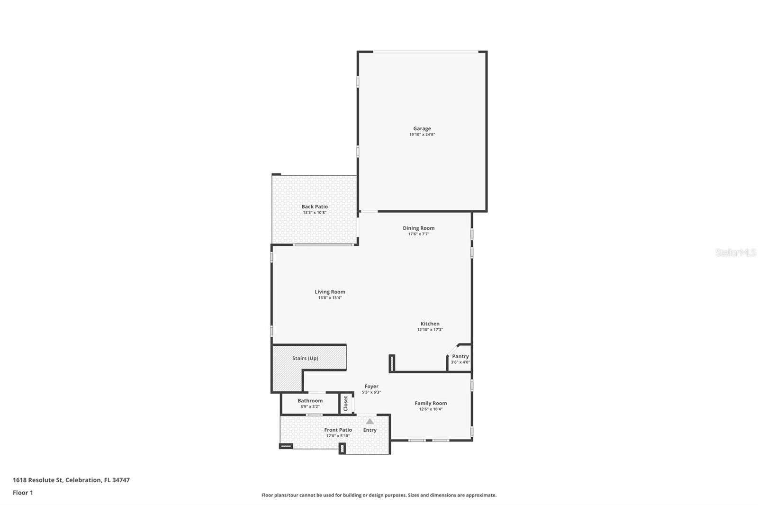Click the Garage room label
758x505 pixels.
click(x=422, y=128)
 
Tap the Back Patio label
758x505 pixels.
click(x=315, y=207)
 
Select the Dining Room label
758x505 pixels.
click(x=418, y=228)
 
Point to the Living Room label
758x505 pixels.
click(x=330, y=292)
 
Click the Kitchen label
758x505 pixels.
click(x=430, y=324)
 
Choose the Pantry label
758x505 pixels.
click(x=460, y=356)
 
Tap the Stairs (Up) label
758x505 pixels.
click(x=305, y=358)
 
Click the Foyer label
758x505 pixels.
click(x=371, y=386)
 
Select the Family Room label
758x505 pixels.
click(x=431, y=403)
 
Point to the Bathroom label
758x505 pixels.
click(x=310, y=401)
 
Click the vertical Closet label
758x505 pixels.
click(x=346, y=403)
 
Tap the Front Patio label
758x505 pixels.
click(x=338, y=430)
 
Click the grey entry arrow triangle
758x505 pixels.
click(x=370, y=421)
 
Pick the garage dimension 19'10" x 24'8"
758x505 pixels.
click(x=422, y=135)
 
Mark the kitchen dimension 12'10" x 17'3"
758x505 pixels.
click(x=430, y=330)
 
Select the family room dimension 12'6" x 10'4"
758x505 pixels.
click(x=431, y=409)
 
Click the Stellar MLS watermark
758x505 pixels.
click(x=735, y=252)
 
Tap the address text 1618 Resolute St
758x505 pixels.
click(x=38, y=480)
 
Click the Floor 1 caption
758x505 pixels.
click(x=23, y=493)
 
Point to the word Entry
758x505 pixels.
click(x=370, y=430)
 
